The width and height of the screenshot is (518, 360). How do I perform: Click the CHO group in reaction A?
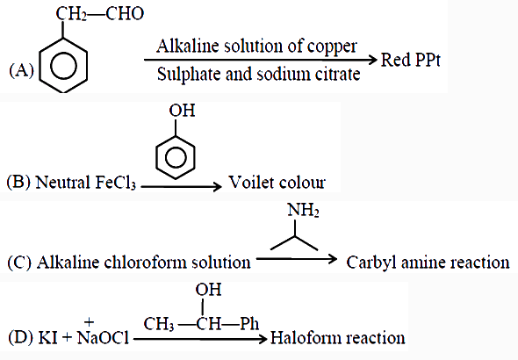pos(125,13)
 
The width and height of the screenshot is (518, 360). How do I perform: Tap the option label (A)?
pos(21,70)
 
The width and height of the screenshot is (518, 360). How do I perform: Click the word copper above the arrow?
pos(332,47)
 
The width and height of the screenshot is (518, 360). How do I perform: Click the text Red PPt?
pos(411,60)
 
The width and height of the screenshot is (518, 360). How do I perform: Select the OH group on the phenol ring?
pos(182,111)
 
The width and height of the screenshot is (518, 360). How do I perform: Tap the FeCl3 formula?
pos(115,183)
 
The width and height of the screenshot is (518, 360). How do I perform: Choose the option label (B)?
pos(18,183)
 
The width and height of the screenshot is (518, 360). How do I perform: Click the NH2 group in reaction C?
pos(303,210)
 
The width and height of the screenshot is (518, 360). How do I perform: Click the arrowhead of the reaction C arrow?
pos(332,259)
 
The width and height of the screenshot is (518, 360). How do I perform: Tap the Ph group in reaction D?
pos(249,324)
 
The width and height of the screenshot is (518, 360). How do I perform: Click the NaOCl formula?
pos(103,337)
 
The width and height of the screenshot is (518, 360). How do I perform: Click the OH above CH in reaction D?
pos(208,290)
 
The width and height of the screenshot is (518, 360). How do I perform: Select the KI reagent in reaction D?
pos(47,338)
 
